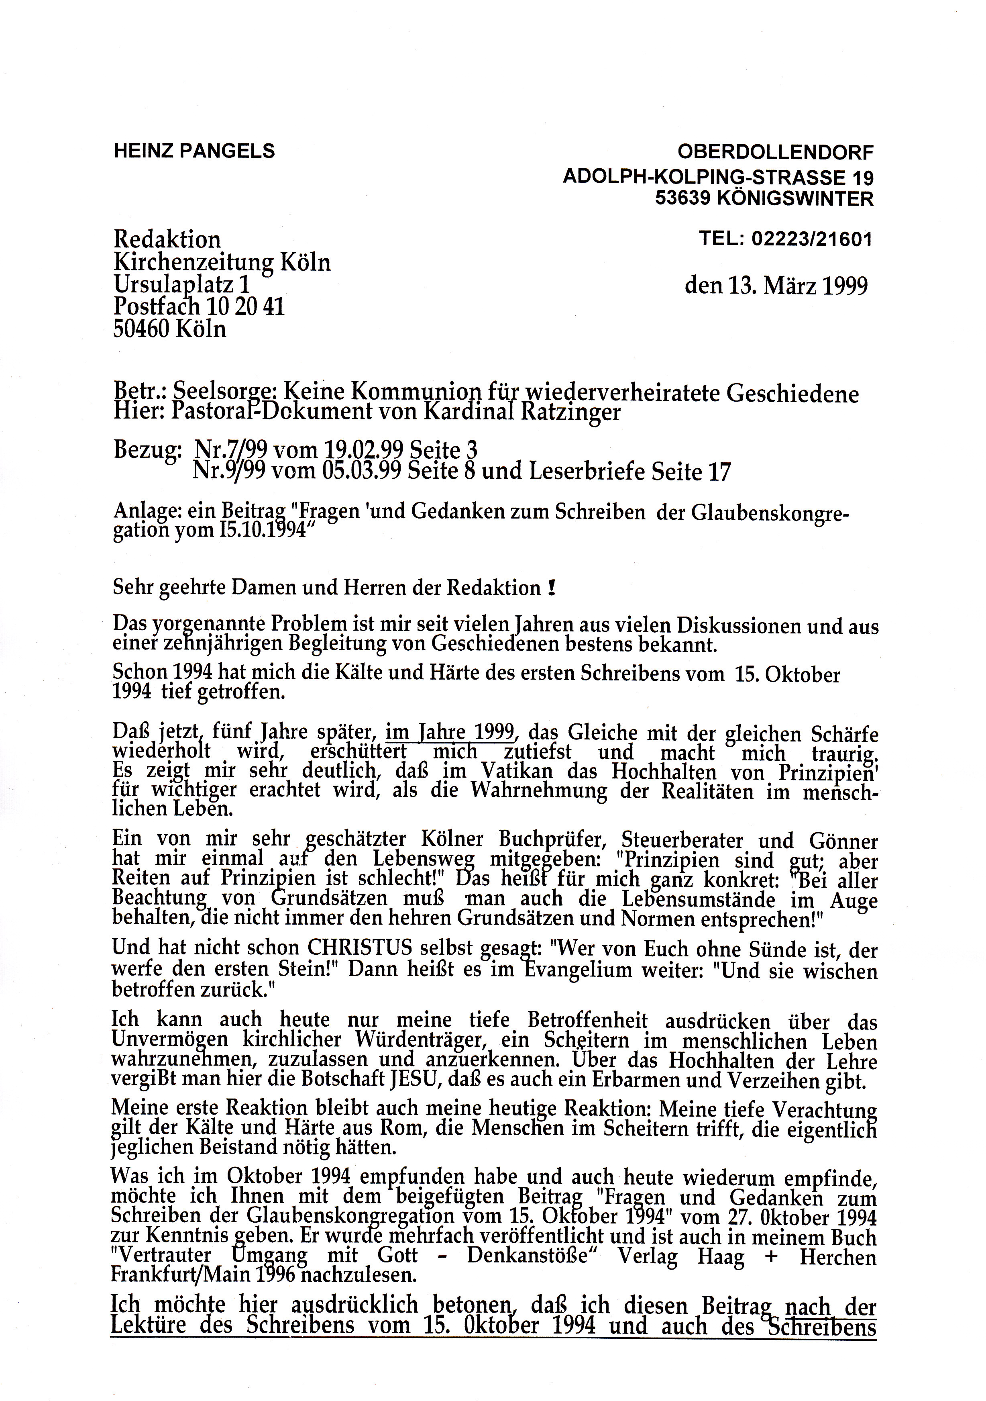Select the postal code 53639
pyautogui.click(x=682, y=199)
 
